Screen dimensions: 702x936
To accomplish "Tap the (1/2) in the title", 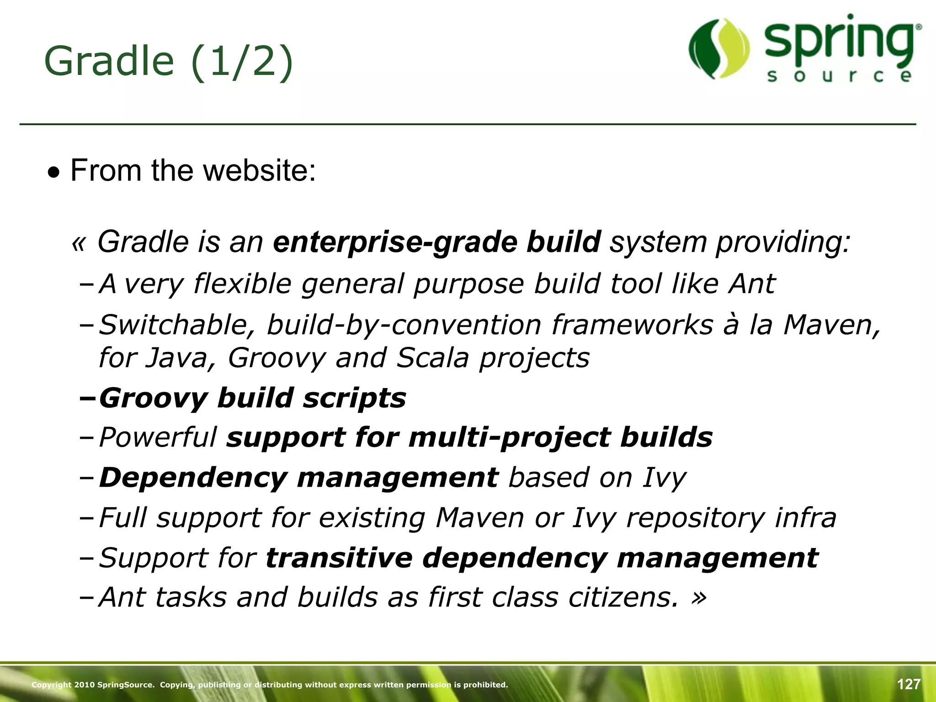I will click(x=241, y=62).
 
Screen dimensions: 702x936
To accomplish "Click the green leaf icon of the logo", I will click(x=719, y=48).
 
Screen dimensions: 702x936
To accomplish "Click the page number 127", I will click(x=909, y=684).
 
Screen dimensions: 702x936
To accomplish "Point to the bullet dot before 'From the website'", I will click(x=54, y=173).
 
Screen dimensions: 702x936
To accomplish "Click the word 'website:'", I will click(x=259, y=170).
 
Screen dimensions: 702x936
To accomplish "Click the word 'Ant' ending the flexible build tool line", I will click(x=752, y=284).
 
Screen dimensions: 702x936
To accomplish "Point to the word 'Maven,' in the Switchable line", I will click(x=831, y=325).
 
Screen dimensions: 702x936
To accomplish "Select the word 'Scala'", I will click(x=432, y=358).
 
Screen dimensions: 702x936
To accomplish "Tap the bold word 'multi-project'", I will click(x=509, y=438).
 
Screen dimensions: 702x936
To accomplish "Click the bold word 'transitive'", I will click(x=339, y=558).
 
